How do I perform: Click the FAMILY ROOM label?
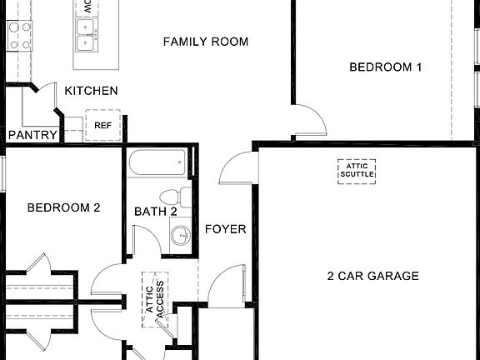[x=205, y=42]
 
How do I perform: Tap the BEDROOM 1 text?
[x=385, y=67]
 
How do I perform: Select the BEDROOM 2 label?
[x=63, y=207]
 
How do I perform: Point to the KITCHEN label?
[x=91, y=91]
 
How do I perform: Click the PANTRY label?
[x=32, y=135]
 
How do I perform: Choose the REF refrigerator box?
[x=103, y=126]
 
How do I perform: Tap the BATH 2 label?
[x=156, y=212]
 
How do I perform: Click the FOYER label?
[x=225, y=229]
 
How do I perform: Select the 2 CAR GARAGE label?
[x=372, y=276]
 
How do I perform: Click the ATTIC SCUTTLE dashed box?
[x=356, y=170]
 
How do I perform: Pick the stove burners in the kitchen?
[x=19, y=34]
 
